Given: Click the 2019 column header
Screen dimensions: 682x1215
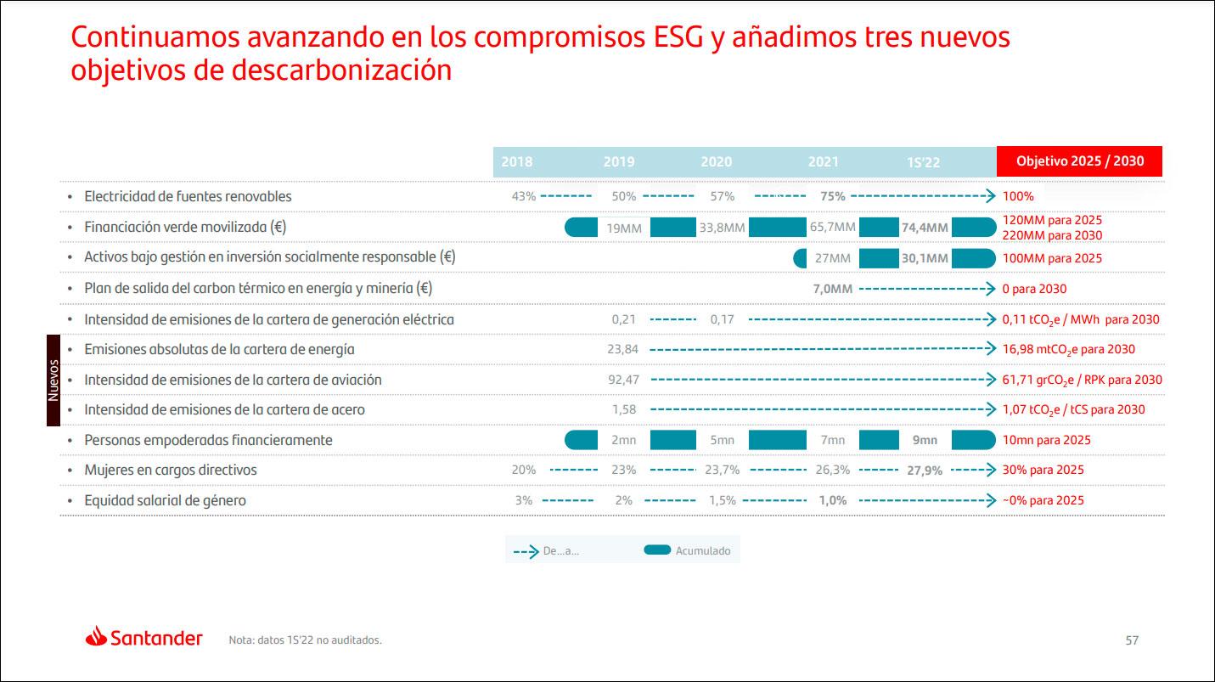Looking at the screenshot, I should tap(618, 161).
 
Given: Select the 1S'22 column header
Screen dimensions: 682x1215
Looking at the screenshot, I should tap(923, 162).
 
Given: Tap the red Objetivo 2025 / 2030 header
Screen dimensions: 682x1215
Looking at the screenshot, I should tap(1079, 161).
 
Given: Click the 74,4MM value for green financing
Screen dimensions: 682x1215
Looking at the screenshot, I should tap(925, 228).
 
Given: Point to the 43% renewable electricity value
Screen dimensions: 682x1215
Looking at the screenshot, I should tap(524, 196).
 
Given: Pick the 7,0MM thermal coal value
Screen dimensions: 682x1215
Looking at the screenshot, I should tap(832, 289).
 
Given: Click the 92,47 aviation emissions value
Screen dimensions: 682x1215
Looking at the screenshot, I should tap(623, 380).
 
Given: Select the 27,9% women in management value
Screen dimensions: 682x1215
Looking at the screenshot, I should tap(925, 471).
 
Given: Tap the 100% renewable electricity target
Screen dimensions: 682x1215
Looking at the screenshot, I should tap(1018, 196).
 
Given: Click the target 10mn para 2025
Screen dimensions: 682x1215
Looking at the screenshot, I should tap(1046, 440).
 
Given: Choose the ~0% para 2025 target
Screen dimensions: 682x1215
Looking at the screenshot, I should tap(1043, 500).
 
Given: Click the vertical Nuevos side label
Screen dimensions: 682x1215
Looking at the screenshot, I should tap(53, 380).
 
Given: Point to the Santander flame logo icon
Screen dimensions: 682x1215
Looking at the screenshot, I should tap(96, 636).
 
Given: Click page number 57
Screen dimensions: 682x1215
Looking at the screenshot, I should tap(1132, 640).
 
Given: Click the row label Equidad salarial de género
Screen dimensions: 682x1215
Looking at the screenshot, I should tap(165, 500).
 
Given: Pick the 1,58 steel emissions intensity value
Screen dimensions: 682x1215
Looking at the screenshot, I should tap(624, 409).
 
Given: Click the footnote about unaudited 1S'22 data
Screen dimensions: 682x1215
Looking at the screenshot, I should tap(305, 640).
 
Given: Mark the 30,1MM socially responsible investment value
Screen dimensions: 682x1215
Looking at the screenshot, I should tap(925, 258).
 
